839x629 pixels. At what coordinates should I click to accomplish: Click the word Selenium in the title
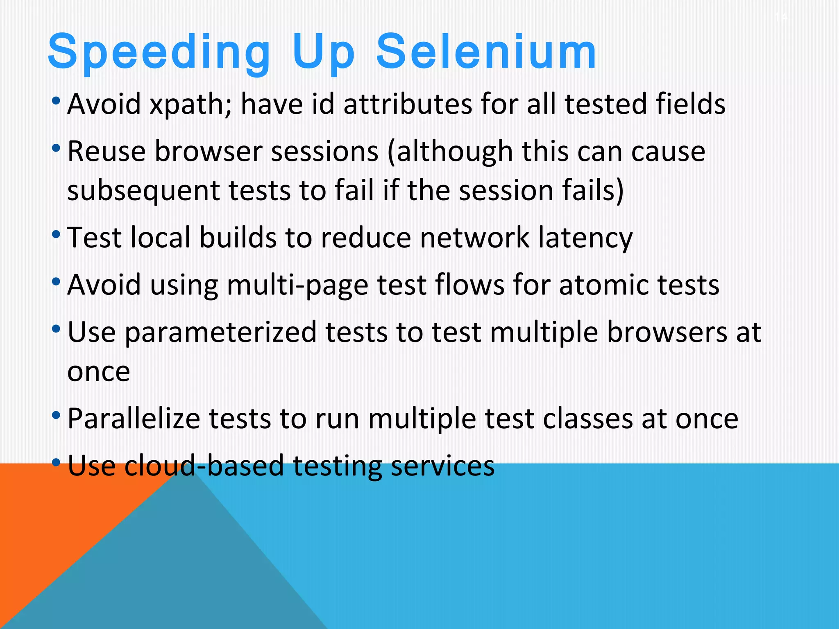point(486,52)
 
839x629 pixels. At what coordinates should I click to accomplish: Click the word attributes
point(408,104)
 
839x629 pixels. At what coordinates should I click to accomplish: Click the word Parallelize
point(134,419)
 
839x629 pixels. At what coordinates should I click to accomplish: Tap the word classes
point(587,419)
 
